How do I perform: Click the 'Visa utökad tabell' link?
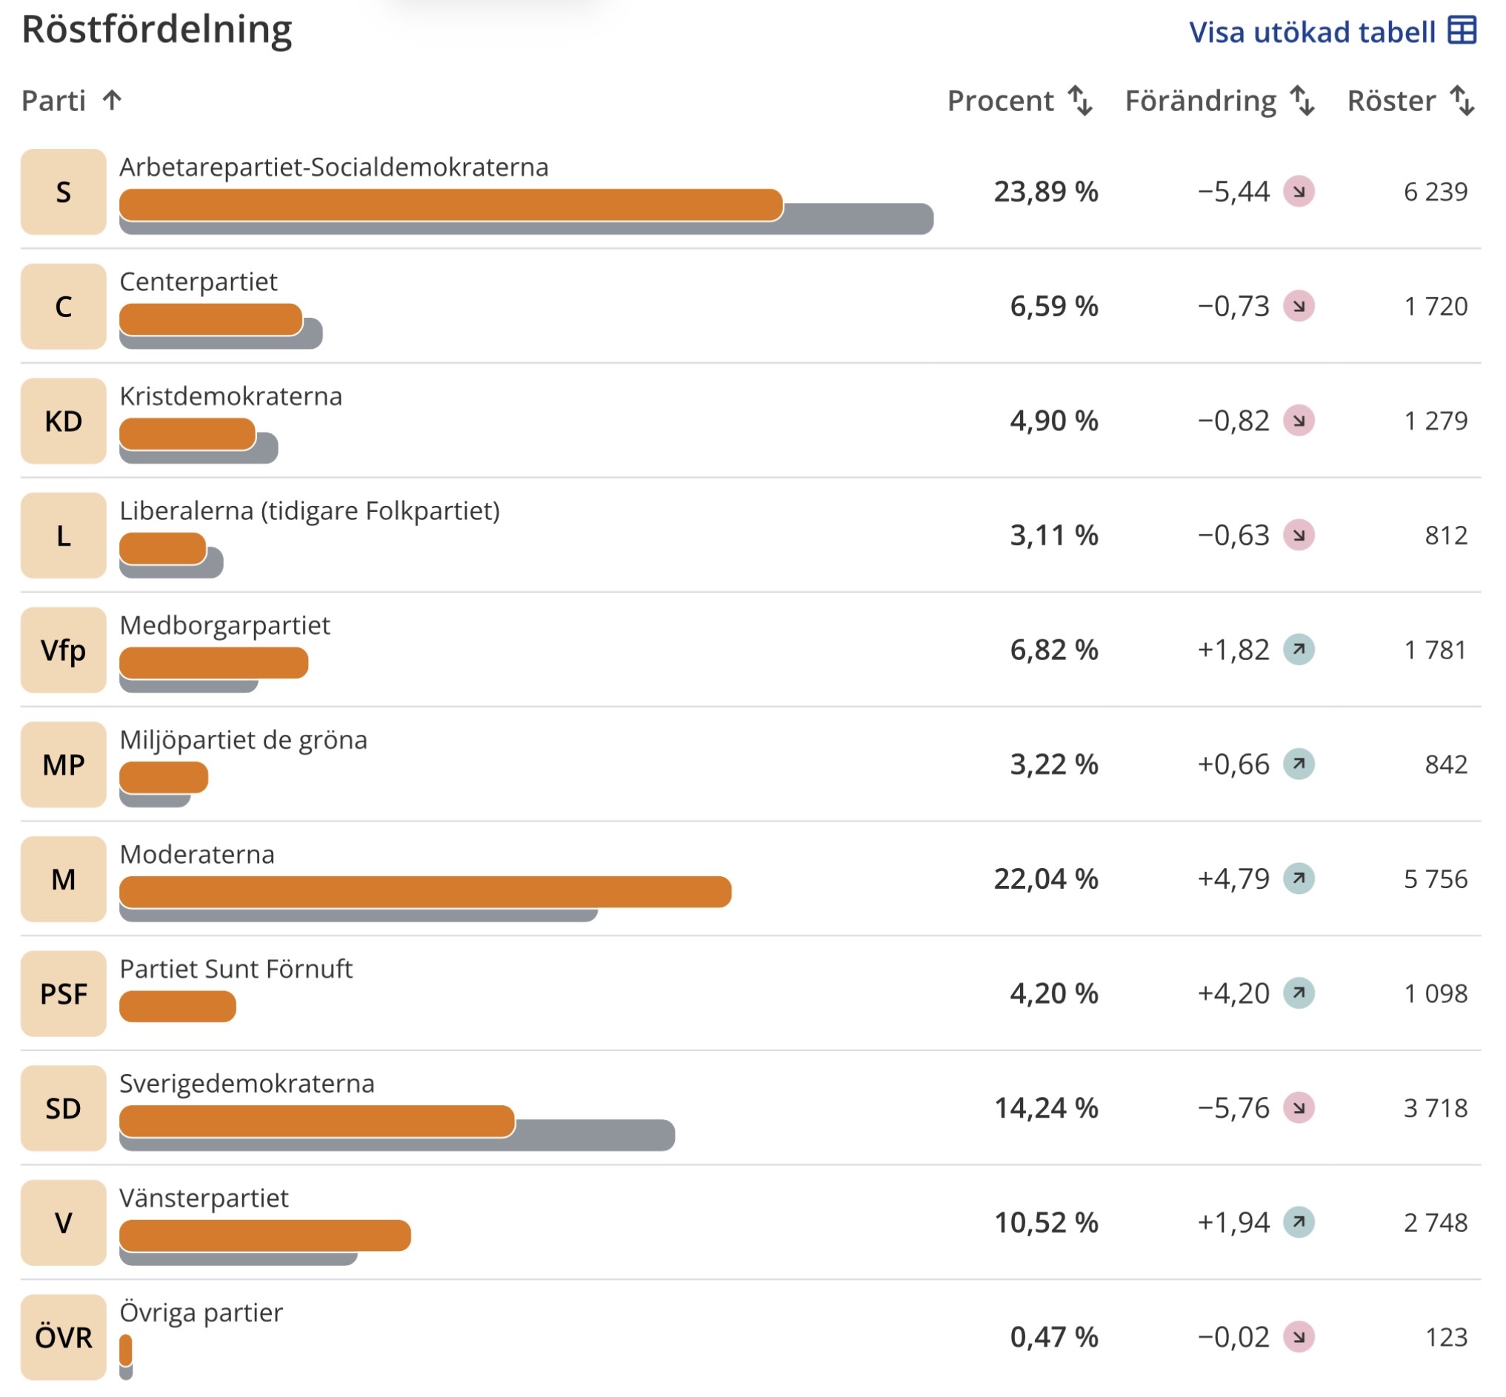[1332, 32]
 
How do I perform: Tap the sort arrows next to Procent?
[1080, 101]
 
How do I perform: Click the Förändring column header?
[1201, 101]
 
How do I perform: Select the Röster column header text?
[1391, 101]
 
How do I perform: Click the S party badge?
[64, 192]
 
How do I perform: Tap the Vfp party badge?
[64, 650]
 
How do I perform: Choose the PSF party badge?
[64, 993]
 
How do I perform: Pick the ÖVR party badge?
[64, 1337]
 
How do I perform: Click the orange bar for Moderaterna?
[426, 892]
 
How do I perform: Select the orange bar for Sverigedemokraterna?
[318, 1121]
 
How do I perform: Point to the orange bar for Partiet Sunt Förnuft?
[178, 1006]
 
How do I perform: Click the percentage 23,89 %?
[1045, 192]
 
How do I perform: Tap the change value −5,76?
[1233, 1108]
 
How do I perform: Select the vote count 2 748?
[1436, 1222]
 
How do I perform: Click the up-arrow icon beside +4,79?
[1299, 878]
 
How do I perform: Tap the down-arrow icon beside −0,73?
[1299, 306]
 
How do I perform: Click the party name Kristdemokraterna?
[230, 396]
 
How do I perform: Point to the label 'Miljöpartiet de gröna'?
[244, 740]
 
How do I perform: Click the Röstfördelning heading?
[156, 30]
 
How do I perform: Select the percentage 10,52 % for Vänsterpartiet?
[1045, 1222]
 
